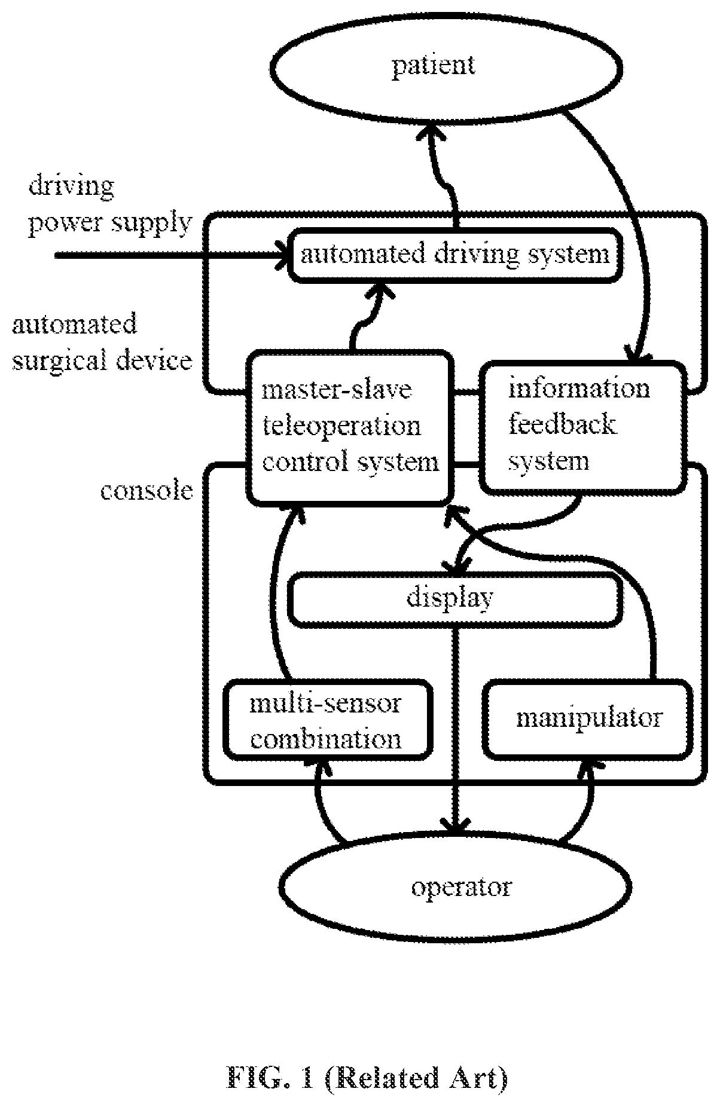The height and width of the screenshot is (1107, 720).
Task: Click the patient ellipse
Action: tap(446, 66)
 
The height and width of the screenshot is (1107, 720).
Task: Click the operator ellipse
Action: tap(456, 886)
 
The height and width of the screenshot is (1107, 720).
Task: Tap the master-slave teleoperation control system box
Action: tap(349, 427)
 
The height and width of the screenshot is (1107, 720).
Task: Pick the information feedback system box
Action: tap(583, 426)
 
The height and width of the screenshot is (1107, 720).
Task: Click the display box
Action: tap(454, 598)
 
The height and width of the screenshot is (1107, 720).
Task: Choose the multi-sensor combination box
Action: tap(328, 720)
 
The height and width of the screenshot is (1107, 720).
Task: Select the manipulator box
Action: tap(588, 719)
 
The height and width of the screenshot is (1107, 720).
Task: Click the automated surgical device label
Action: tap(102, 343)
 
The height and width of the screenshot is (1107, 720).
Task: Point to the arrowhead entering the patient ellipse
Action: tap(430, 129)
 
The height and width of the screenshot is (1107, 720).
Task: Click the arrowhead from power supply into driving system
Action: tap(281, 254)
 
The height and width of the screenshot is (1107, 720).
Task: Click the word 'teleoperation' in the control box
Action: tap(341, 426)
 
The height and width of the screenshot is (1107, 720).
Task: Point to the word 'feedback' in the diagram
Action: tap(562, 425)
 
